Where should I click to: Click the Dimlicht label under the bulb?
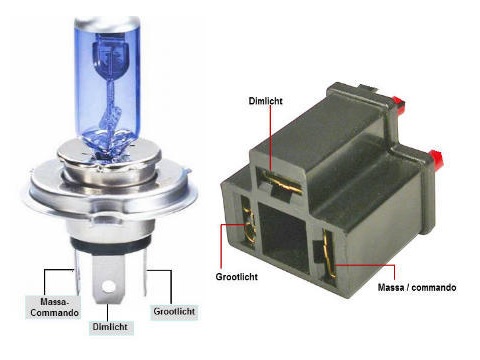(110, 327)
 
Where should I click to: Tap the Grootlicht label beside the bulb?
(174, 312)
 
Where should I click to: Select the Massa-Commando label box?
(54, 307)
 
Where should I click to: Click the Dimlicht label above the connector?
(265, 101)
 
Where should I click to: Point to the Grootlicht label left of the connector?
(236, 277)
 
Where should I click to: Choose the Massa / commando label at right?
(417, 287)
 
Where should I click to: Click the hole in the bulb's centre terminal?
(109, 286)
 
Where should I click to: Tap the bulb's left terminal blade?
(77, 271)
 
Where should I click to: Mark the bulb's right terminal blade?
(144, 272)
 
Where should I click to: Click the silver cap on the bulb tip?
(107, 23)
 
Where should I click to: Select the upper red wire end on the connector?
(398, 103)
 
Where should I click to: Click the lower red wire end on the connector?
(435, 159)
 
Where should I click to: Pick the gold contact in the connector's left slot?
(249, 227)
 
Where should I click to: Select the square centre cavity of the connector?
(282, 239)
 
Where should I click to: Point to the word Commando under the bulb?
(55, 313)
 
